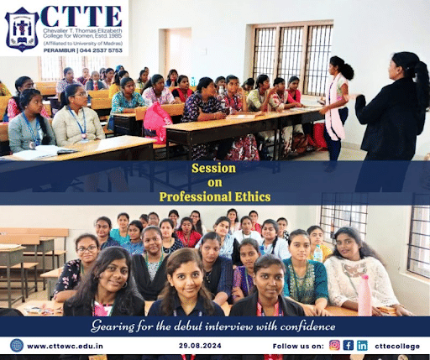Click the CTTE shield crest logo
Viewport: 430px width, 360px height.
tap(22, 29)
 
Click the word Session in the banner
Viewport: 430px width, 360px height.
tap(214, 168)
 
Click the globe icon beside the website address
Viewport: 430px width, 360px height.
tap(16, 345)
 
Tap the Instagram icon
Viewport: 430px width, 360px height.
tap(334, 345)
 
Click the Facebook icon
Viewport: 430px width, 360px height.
tap(348, 345)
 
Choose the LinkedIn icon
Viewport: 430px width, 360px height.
tap(362, 345)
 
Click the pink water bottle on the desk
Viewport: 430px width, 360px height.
tap(364, 295)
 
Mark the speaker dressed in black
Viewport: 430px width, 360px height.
tap(385, 109)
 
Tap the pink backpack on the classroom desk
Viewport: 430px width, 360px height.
tap(156, 122)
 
